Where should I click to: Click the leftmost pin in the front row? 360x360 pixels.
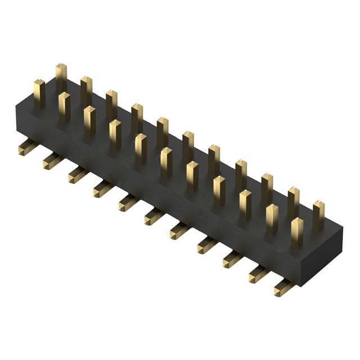click(x=39, y=93)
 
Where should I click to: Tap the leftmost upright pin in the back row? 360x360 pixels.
click(x=61, y=78)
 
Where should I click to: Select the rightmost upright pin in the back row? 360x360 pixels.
click(x=318, y=214)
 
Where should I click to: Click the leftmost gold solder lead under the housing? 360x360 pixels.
click(x=27, y=147)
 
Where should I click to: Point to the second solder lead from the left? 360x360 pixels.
click(x=52, y=161)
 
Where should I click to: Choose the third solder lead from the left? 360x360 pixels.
click(x=78, y=175)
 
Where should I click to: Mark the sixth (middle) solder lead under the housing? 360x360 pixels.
click(x=154, y=216)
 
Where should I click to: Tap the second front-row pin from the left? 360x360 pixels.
click(x=64, y=106)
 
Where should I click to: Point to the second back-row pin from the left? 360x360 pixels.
click(x=86, y=91)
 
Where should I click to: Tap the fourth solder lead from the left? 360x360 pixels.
click(x=103, y=188)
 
